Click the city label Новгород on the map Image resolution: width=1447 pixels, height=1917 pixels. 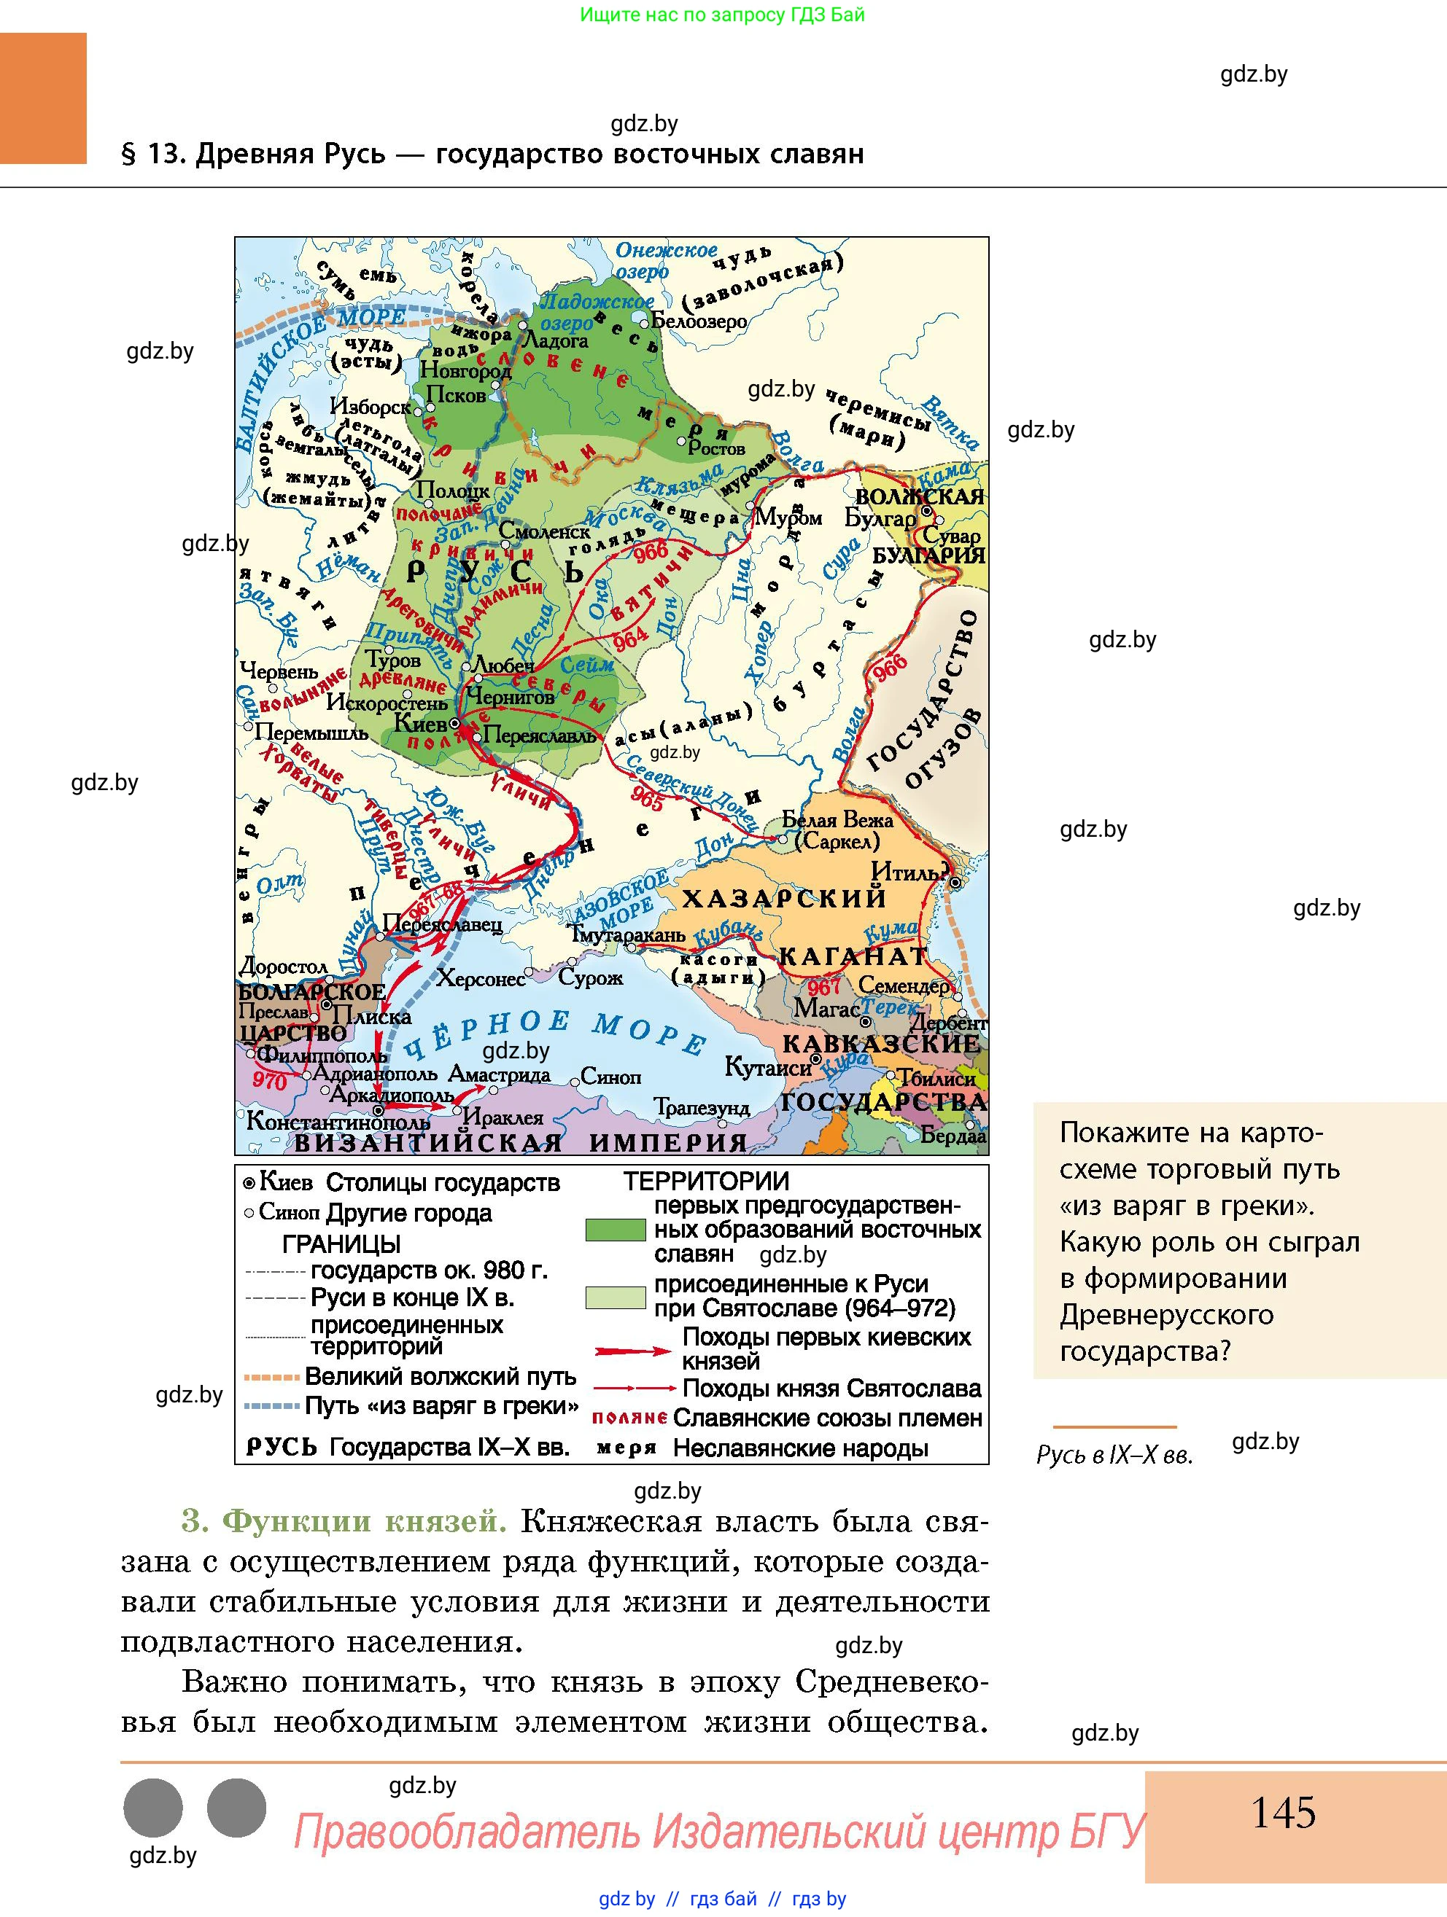point(465,370)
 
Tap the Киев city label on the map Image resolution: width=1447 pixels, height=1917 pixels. point(421,722)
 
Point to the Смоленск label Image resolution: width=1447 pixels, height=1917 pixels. point(545,531)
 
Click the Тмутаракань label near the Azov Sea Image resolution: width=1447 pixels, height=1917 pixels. point(626,934)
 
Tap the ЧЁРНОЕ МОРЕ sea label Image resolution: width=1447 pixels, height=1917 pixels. point(555,1033)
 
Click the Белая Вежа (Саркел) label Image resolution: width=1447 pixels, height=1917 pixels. point(837,829)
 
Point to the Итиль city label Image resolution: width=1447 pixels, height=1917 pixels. point(909,871)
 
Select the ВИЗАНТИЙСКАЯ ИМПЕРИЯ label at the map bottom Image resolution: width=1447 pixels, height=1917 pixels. point(520,1143)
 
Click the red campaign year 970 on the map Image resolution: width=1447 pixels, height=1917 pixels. point(269,1079)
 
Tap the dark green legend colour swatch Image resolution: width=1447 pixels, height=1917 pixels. point(615,1229)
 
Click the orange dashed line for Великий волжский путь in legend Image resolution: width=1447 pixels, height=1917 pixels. point(272,1377)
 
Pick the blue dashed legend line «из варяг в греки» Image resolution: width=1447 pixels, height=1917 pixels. point(272,1406)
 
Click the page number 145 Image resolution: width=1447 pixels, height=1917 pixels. point(1282,1813)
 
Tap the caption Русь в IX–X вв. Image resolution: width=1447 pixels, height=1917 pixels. point(1114,1455)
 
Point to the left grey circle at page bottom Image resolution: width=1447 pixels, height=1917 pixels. point(153,1808)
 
